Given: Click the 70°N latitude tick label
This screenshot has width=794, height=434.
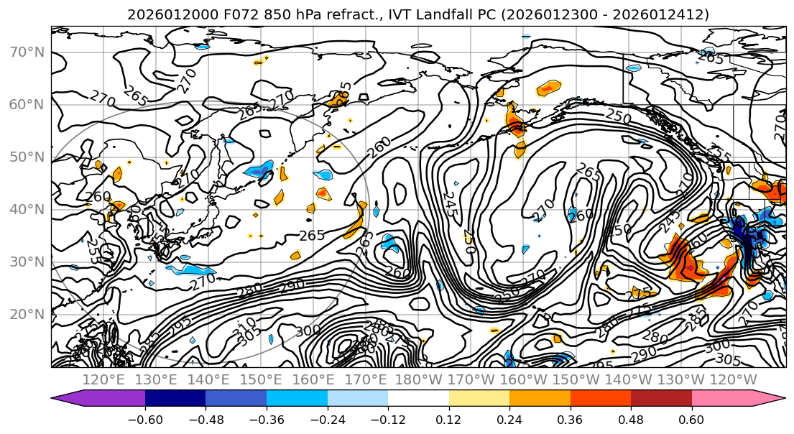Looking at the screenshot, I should pos(27,52).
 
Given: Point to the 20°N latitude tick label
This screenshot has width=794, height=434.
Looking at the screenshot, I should pos(27,314).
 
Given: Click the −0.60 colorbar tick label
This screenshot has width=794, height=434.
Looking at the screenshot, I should pos(145,419).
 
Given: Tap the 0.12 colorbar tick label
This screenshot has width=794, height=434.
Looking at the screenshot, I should pos(449,419).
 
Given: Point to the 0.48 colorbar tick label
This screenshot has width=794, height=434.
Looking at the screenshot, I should pos(631,419).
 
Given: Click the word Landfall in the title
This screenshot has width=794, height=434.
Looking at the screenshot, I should pos(459,14).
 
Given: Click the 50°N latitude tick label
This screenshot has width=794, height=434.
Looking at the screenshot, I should pos(27,157).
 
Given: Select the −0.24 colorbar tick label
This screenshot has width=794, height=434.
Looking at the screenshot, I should pos(327,419).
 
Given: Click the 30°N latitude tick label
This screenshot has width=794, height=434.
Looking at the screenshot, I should pos(27,262).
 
